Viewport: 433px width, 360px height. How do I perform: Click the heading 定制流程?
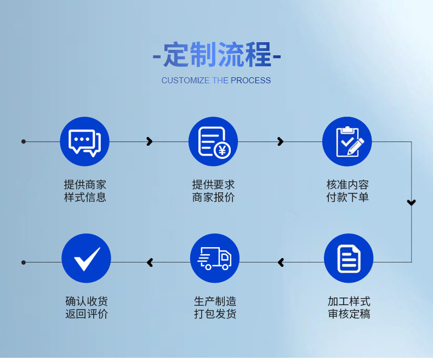216,55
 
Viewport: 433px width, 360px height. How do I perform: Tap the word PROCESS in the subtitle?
250,81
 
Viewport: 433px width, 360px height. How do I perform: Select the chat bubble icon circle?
84,141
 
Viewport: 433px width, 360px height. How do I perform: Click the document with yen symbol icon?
213,141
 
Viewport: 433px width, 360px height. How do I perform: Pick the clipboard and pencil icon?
347,141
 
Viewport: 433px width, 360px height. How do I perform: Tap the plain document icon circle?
349,259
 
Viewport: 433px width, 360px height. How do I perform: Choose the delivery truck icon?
215,259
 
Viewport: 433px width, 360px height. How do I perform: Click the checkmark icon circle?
86,259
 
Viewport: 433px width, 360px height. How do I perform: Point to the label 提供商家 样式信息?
85,191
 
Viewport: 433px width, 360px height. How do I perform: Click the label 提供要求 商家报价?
213,191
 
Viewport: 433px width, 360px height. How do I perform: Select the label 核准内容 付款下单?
347,191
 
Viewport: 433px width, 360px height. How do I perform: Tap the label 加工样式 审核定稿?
349,308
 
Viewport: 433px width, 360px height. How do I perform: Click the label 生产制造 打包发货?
215,308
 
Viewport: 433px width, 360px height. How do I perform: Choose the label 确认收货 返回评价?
87,308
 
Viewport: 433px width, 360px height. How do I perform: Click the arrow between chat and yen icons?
149,142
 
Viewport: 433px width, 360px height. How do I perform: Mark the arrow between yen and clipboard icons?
281,142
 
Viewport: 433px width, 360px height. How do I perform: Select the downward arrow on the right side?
412,203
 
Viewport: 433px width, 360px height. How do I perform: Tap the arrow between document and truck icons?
281,263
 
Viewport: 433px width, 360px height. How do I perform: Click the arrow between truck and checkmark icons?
150,263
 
